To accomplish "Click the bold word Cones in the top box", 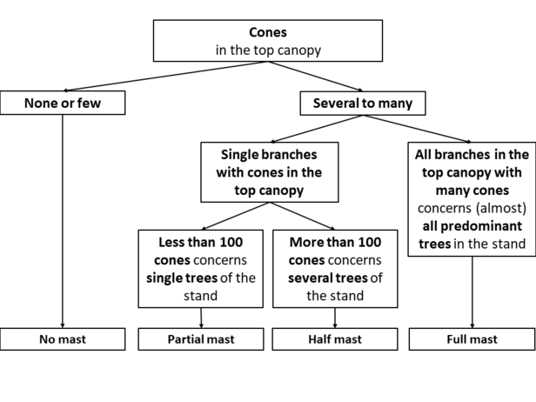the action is click(268, 32).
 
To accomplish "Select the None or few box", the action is click(63, 103).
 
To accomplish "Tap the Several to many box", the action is click(363, 104).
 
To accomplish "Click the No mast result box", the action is click(63, 339).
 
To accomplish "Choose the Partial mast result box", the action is click(201, 339).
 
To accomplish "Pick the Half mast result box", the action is click(335, 339).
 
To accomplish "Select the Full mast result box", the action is click(472, 339).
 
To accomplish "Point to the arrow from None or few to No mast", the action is click(63, 222).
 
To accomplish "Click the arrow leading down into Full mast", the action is click(472, 292).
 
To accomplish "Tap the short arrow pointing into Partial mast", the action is click(201, 318).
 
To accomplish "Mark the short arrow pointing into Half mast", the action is click(335, 318).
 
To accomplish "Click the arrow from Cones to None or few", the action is click(165, 77).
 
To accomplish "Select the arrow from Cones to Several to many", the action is click(316, 77).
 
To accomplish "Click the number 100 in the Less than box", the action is click(231, 243).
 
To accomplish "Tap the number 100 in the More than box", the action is click(369, 243).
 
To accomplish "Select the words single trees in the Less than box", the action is click(182, 278).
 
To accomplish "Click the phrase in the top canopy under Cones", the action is click(268, 50).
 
